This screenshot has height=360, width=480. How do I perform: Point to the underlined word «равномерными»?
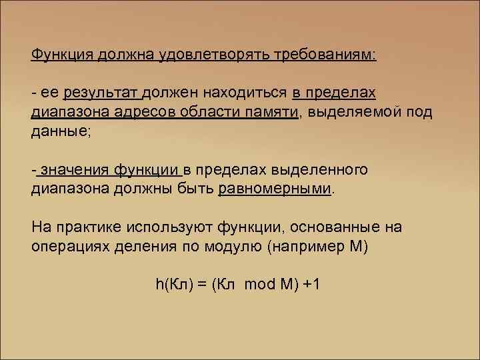[x=274, y=189]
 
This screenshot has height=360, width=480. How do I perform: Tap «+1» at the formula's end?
[x=311, y=285]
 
